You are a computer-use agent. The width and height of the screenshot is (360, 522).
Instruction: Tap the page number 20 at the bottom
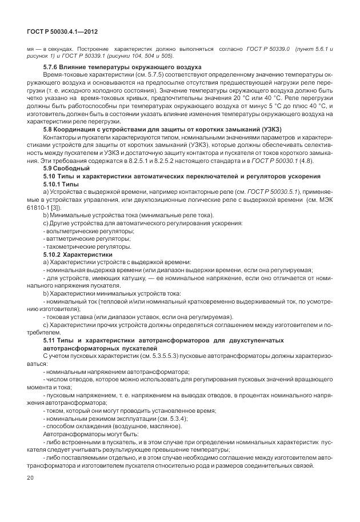31,478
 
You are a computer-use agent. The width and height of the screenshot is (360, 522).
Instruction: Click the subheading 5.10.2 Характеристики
78,253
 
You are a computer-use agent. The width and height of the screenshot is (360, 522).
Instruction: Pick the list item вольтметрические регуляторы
81,230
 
